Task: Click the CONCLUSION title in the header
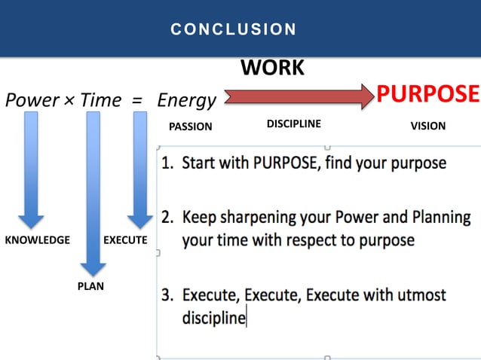tap(233, 29)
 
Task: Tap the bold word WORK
tap(272, 68)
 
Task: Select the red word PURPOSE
tap(427, 94)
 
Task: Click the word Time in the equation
tap(100, 99)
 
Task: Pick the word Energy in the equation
tap(186, 100)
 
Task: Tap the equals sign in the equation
tap(137, 100)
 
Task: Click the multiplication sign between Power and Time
tap(68, 100)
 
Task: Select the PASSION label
tap(190, 127)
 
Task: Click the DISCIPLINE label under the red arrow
tap(294, 124)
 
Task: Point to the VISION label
tap(427, 126)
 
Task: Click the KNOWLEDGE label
tap(37, 239)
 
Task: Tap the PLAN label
tap(90, 285)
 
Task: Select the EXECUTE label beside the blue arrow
tap(125, 239)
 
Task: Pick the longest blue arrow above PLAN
tap(93, 192)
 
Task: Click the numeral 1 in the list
tap(166, 162)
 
